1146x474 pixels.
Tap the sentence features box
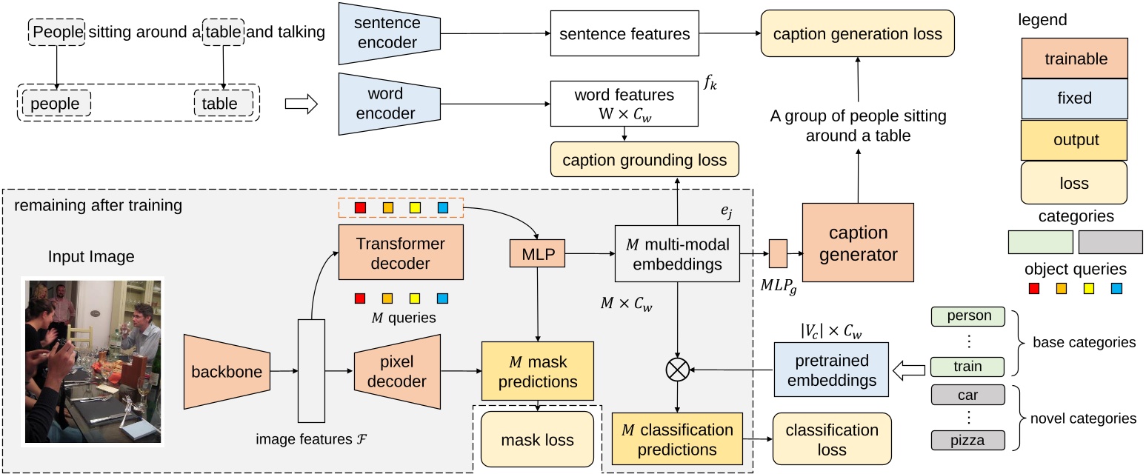pos(624,34)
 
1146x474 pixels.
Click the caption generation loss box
pos(857,34)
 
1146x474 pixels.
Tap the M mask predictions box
pos(537,372)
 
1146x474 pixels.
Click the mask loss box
pos(537,439)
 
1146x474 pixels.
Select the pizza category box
pos(967,440)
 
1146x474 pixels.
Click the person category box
pos(967,316)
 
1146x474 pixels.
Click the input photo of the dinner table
pos(93,361)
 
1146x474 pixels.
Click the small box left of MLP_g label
pos(778,253)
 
